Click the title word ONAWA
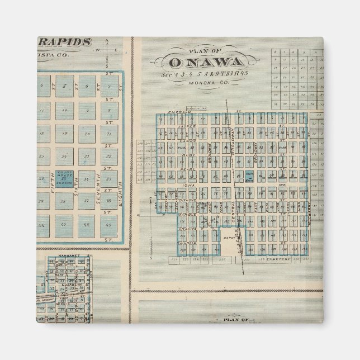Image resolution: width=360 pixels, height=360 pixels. click(206, 62)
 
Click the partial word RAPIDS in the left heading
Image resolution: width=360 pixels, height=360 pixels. click(65, 42)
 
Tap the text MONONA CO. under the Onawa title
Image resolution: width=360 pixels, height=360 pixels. click(207, 83)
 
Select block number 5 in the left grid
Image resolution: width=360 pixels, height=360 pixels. click(64, 86)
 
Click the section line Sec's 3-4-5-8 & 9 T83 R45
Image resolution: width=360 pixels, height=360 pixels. click(206, 74)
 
